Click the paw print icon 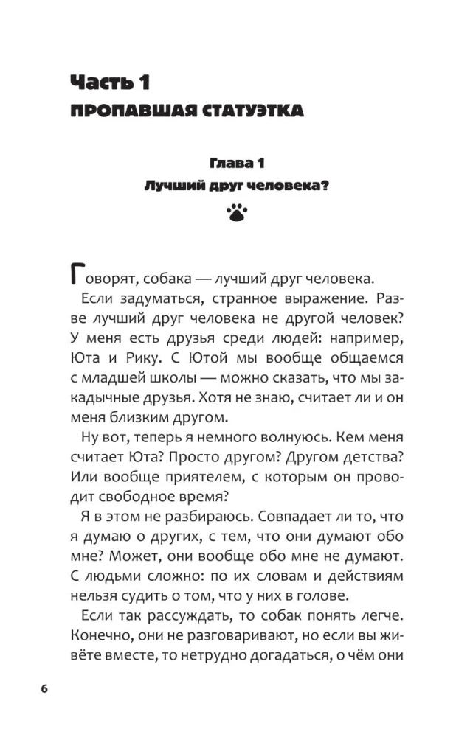236,214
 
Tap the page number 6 44,688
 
